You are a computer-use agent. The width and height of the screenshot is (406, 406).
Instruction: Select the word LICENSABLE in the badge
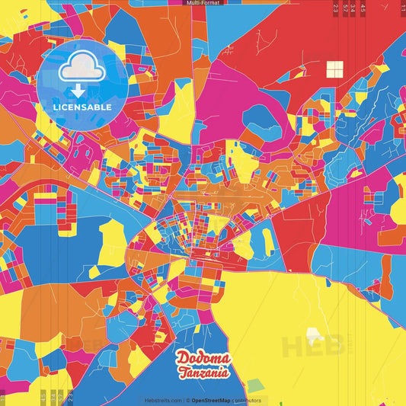(x=82, y=107)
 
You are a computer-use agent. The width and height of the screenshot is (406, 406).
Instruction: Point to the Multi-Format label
(x=203, y=3)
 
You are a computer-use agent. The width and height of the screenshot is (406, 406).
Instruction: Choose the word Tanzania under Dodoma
(x=203, y=372)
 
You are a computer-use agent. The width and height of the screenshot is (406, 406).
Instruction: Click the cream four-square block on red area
(x=335, y=70)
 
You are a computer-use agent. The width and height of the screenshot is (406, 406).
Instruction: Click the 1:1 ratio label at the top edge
(x=403, y=8)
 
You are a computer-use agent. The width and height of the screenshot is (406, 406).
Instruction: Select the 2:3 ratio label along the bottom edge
(x=70, y=396)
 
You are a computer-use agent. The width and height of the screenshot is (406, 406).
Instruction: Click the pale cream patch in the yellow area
(x=313, y=334)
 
